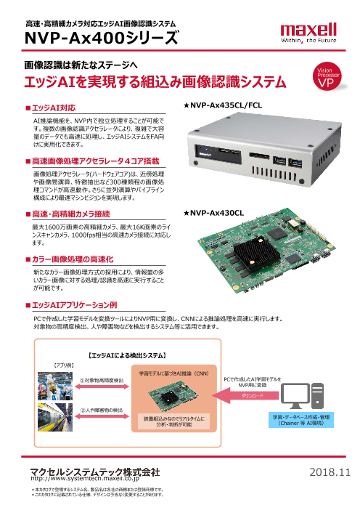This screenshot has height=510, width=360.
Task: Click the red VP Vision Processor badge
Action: [327, 79]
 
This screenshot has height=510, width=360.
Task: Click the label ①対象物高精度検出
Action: [101, 380]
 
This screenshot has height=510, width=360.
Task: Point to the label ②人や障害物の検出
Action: [100, 409]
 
